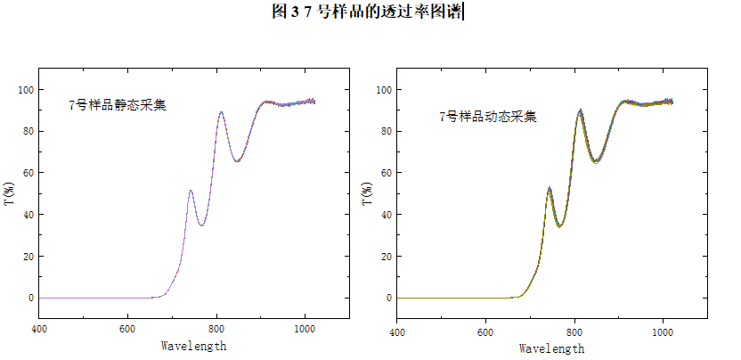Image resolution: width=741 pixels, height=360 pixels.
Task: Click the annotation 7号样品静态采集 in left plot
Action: (118, 105)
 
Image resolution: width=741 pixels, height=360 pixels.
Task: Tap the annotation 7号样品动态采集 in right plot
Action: (488, 117)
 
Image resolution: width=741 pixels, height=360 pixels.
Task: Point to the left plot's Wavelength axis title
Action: (193, 346)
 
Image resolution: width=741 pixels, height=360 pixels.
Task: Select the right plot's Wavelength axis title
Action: (551, 348)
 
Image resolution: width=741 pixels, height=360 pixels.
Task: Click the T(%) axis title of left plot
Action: (9, 193)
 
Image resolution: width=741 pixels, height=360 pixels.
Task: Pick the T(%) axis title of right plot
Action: (367, 193)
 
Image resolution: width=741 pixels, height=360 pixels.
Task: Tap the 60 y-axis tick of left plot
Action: (27, 173)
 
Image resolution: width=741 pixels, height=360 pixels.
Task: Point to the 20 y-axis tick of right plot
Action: (385, 257)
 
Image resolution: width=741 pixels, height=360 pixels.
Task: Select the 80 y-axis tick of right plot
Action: (385, 132)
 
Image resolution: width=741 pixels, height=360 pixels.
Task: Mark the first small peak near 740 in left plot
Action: (191, 191)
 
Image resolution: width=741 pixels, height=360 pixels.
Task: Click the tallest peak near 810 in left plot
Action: (221, 112)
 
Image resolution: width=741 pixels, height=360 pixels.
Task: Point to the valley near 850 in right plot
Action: (596, 160)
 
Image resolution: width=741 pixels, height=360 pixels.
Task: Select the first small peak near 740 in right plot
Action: (550, 189)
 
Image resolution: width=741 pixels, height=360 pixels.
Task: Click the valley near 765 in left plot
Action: (202, 225)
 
